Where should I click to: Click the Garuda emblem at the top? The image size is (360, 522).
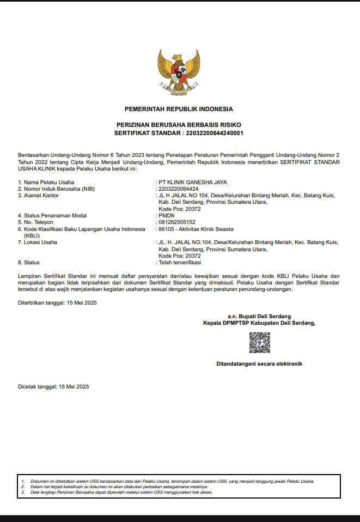click(x=179, y=71)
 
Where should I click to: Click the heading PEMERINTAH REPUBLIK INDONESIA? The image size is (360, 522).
click(x=179, y=109)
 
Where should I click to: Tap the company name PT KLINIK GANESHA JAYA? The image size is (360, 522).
click(x=192, y=182)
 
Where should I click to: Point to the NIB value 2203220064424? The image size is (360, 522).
click(x=178, y=189)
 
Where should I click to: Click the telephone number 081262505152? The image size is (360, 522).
click(x=176, y=222)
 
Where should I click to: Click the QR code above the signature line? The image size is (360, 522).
click(x=259, y=343)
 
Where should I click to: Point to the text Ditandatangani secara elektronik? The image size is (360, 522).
click(x=259, y=363)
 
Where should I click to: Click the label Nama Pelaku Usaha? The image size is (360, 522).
click(x=49, y=182)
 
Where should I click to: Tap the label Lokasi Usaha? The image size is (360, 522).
click(x=40, y=242)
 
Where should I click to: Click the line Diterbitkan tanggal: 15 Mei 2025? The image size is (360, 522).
click(x=57, y=302)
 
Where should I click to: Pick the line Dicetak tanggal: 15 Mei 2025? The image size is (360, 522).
click(x=53, y=386)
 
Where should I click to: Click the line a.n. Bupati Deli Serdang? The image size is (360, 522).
click(x=259, y=316)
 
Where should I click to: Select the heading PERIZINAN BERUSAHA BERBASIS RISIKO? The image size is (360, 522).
click(x=179, y=125)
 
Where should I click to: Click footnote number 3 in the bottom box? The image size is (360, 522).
click(x=23, y=492)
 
